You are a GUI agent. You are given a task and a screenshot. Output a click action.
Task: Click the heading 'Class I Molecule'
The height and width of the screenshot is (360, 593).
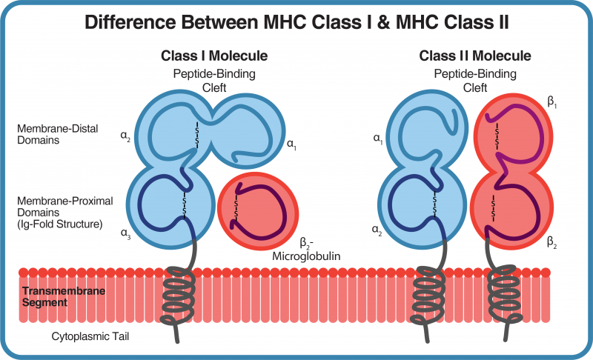[x=214, y=56]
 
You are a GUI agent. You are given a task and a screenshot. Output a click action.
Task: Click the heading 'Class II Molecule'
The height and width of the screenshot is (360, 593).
[x=475, y=56]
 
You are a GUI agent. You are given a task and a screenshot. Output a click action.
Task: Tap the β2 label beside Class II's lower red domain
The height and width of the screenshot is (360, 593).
[x=552, y=242]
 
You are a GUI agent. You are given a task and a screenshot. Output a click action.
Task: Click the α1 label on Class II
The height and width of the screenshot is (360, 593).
[x=377, y=138]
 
